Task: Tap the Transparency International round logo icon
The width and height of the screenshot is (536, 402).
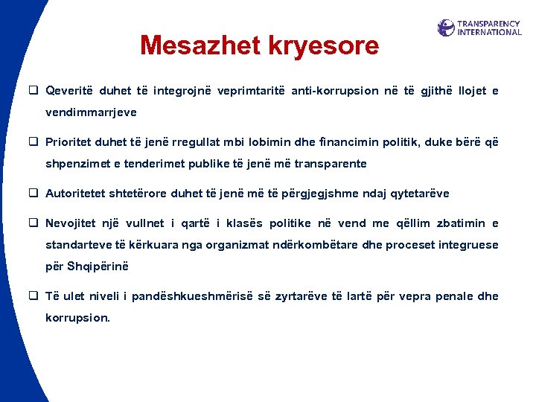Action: [446, 28]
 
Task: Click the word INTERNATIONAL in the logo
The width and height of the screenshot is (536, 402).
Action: [489, 33]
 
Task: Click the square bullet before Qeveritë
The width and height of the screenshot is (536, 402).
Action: [34, 91]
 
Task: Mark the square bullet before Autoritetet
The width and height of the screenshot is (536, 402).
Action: [34, 194]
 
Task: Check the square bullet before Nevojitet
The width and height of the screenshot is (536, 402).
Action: [34, 223]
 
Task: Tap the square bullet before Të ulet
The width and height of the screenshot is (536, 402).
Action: [34, 296]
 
